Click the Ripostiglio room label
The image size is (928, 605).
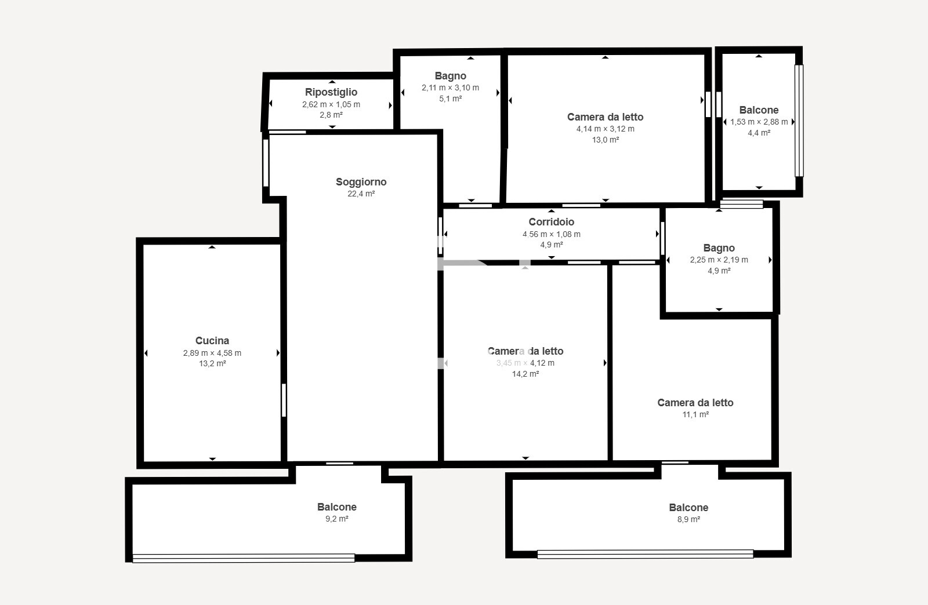[331, 92]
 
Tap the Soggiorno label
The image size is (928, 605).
[361, 182]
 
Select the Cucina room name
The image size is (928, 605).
[212, 341]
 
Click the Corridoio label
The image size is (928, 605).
[551, 222]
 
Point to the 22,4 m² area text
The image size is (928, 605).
[361, 194]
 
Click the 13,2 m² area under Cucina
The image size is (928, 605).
[212, 364]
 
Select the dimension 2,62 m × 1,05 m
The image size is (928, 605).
[331, 105]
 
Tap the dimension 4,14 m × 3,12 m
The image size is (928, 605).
[605, 129]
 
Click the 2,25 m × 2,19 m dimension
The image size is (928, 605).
[719, 260]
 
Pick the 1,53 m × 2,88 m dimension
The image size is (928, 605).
[759, 122]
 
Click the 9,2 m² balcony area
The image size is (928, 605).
[336, 519]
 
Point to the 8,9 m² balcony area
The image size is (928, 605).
[688, 519]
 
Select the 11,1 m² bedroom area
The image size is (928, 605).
[695, 414]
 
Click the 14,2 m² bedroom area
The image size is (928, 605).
[525, 374]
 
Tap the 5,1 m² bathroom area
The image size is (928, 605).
[450, 99]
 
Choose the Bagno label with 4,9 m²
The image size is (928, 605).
[719, 248]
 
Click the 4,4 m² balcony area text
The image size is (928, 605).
[759, 133]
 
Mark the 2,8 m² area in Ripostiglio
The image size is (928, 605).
[331, 115]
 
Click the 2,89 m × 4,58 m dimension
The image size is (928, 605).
[212, 353]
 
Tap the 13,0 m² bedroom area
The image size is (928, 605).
[605, 140]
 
